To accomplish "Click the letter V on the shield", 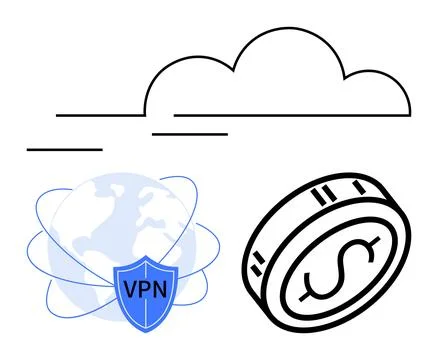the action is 129,291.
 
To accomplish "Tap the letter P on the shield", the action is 145,291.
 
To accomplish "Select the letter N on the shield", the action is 162,291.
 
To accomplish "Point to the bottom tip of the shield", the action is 146,332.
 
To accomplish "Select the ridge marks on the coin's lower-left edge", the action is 258,264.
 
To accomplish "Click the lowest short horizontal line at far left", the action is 65,149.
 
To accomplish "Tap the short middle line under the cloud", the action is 189,133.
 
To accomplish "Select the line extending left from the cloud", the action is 100,115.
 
